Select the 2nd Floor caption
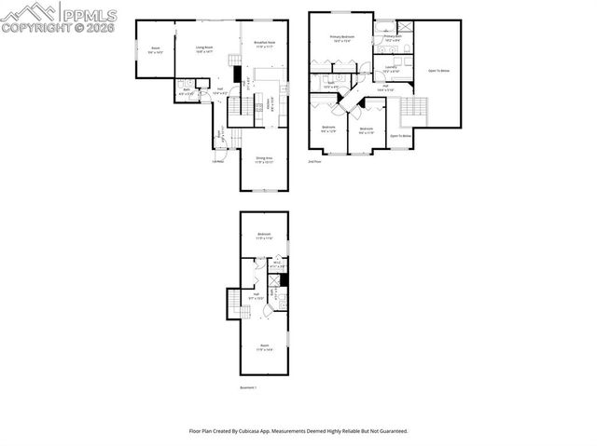(x=315, y=161)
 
